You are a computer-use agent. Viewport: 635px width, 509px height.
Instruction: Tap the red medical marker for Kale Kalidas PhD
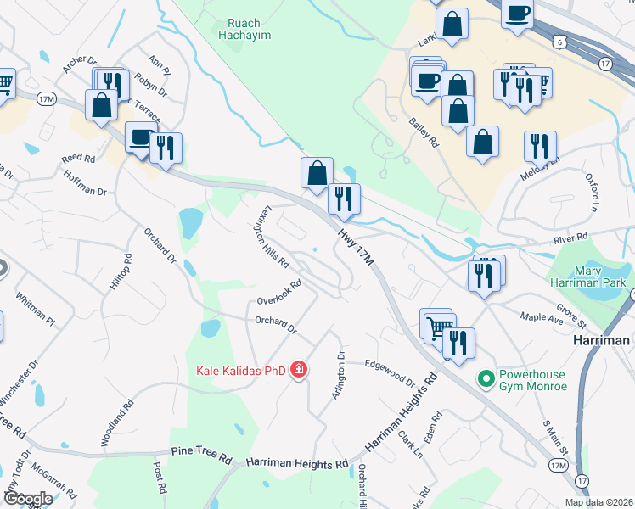tap(298, 370)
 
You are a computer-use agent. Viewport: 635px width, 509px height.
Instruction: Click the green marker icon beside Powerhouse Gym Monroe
tap(486, 379)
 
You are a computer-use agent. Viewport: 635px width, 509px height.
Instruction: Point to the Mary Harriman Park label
tap(601, 277)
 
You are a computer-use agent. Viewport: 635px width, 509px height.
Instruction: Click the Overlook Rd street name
tap(279, 294)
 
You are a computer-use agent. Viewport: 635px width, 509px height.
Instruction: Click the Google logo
tap(27, 499)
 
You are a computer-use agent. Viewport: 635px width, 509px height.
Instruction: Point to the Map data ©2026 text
tap(598, 502)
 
